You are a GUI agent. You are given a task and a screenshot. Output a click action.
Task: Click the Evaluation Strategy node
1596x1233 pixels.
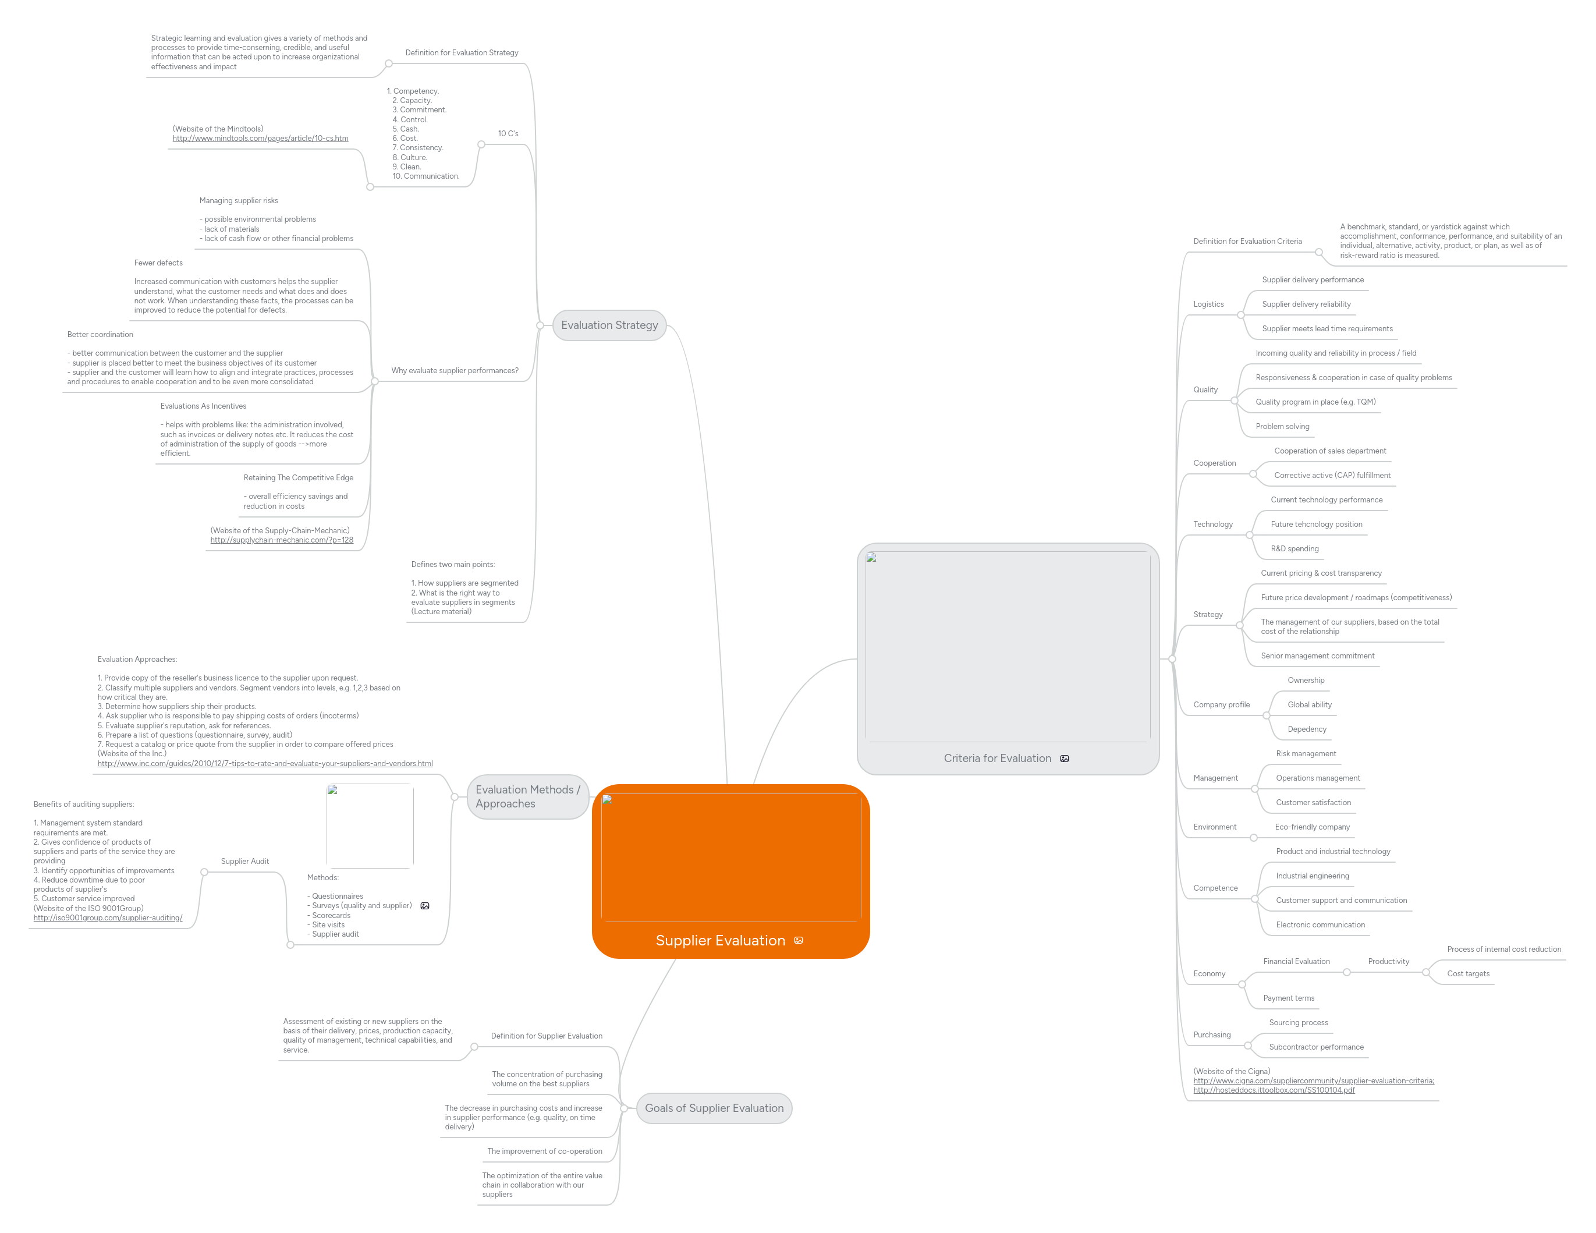pyautogui.click(x=609, y=325)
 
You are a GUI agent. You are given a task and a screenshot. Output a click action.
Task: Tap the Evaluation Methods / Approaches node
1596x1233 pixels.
pyautogui.click(x=527, y=796)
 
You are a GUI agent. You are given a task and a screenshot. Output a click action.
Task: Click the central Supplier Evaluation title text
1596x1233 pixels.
pyautogui.click(x=720, y=941)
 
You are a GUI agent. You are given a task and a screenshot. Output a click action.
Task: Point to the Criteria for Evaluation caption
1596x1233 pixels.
pyautogui.click(x=996, y=759)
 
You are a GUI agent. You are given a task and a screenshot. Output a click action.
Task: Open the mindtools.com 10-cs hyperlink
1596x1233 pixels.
pyautogui.click(x=260, y=138)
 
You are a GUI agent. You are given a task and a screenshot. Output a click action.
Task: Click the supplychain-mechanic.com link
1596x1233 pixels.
pyautogui.click(x=281, y=540)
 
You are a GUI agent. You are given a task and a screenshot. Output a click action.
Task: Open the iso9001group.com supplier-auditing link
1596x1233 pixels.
pyautogui.click(x=108, y=918)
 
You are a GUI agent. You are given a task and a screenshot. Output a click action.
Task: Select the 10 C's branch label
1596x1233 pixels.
pyautogui.click(x=508, y=134)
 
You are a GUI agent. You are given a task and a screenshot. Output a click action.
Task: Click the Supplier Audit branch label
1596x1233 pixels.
pyautogui.click(x=245, y=861)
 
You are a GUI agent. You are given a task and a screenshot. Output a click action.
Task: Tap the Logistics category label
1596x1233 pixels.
pyautogui.click(x=1208, y=304)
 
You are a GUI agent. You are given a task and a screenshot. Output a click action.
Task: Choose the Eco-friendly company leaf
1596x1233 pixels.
pyautogui.click(x=1312, y=827)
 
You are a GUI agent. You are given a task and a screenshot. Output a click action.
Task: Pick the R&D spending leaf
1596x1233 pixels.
pyautogui.click(x=1294, y=549)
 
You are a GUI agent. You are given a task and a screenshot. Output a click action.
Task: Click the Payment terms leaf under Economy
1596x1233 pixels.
pyautogui.click(x=1288, y=998)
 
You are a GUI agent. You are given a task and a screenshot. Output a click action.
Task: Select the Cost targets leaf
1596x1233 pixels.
pyautogui.click(x=1467, y=973)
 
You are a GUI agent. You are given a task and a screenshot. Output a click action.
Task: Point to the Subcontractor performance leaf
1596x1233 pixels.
pyautogui.click(x=1315, y=1047)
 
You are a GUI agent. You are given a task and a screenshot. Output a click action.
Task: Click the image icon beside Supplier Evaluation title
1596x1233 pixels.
pyautogui.click(x=798, y=941)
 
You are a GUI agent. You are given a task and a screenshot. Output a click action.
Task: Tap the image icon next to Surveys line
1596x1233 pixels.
pyautogui.click(x=424, y=906)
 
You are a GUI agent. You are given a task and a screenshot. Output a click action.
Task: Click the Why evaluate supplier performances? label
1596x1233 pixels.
pyautogui.click(x=455, y=371)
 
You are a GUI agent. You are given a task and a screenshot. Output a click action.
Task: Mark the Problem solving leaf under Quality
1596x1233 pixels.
pyautogui.click(x=1282, y=427)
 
